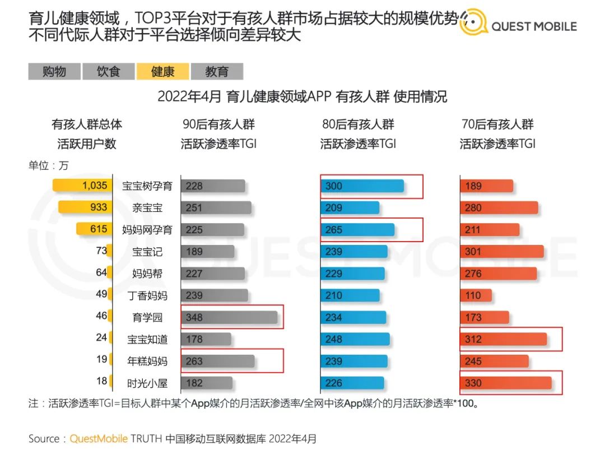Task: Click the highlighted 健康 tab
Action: coord(163,72)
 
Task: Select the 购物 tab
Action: coord(54,72)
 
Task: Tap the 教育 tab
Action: coord(217,72)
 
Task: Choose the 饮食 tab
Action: coord(108,72)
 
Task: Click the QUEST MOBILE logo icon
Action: coord(473,24)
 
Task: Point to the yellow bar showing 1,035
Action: coord(82,186)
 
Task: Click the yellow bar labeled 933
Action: coord(85,207)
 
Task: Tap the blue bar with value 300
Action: coord(362,186)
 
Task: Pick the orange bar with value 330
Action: coord(505,383)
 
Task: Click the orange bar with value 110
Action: coord(476,295)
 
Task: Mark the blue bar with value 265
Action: coord(357,230)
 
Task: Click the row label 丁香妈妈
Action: coord(147,295)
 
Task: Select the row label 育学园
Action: coord(147,317)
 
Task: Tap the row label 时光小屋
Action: coord(147,383)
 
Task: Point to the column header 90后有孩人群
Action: coord(218,124)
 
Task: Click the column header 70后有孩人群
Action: coord(497,124)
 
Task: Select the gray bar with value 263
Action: coord(217,361)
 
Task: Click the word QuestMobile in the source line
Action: coord(98,438)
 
